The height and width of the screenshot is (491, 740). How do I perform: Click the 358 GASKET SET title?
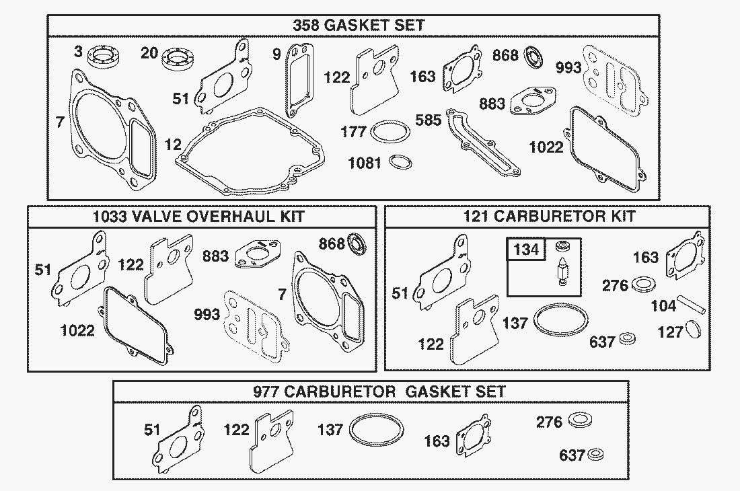pyautogui.click(x=359, y=26)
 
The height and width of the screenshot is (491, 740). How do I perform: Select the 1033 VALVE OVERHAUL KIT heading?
pyautogui.click(x=198, y=217)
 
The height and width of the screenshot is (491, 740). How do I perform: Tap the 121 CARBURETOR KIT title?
pyautogui.click(x=549, y=217)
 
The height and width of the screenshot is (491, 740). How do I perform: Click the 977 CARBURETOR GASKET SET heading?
pyautogui.click(x=370, y=391)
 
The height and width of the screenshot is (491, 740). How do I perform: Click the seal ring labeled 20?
pyautogui.click(x=178, y=59)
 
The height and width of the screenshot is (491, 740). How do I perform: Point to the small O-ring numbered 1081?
pyautogui.click(x=401, y=163)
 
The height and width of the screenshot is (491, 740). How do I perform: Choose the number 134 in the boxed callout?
pyautogui.click(x=526, y=250)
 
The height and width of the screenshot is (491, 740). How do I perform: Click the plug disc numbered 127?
pyautogui.click(x=694, y=330)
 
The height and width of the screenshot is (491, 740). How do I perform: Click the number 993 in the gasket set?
pyautogui.click(x=568, y=68)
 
